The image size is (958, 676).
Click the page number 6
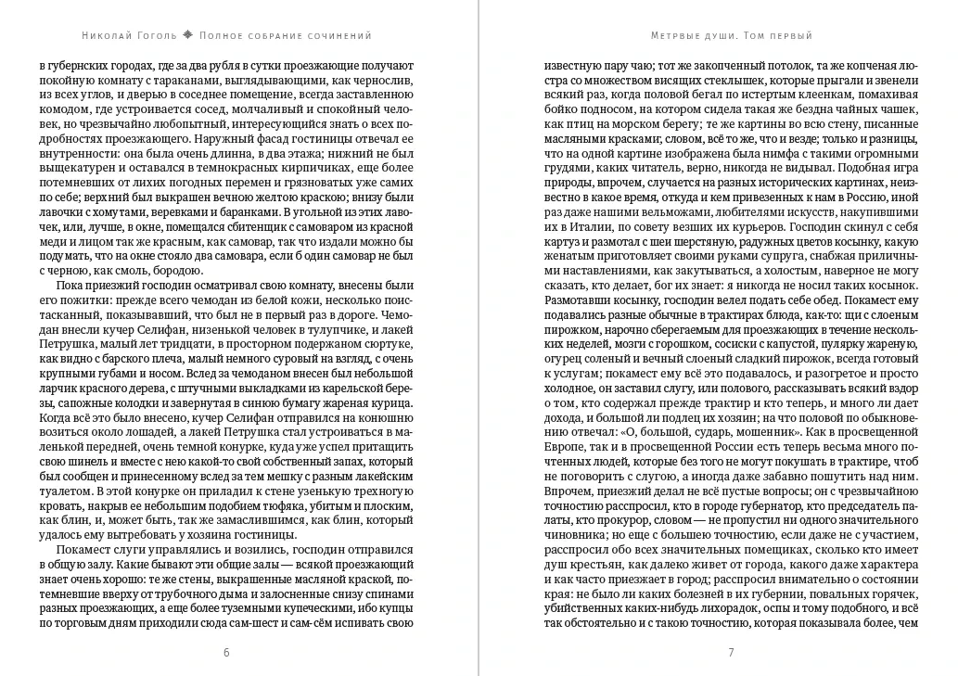tap(226, 652)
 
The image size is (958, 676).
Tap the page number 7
tap(731, 652)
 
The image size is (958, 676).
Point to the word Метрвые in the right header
tap(678, 36)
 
